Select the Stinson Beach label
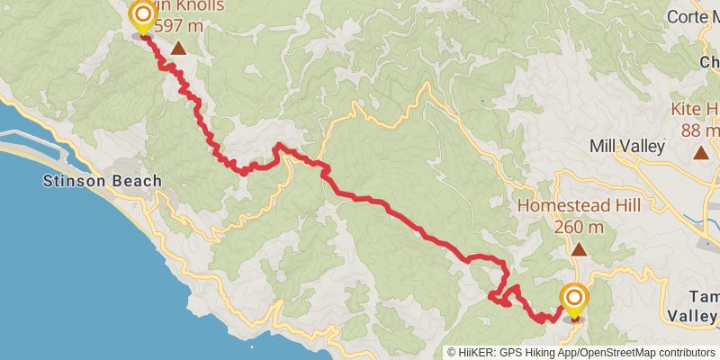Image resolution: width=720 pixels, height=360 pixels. [x=103, y=182]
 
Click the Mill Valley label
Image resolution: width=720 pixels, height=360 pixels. [x=626, y=146]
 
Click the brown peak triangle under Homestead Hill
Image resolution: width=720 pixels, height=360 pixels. [x=579, y=249]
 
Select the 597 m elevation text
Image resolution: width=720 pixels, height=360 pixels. [x=180, y=26]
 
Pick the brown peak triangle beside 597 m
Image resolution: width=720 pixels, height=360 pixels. [x=180, y=49]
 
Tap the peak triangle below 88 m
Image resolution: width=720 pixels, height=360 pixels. [x=701, y=152]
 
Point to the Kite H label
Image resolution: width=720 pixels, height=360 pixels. [x=695, y=110]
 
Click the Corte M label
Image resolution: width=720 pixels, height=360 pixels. [x=693, y=17]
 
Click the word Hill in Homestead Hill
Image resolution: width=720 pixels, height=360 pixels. [x=611, y=206]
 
